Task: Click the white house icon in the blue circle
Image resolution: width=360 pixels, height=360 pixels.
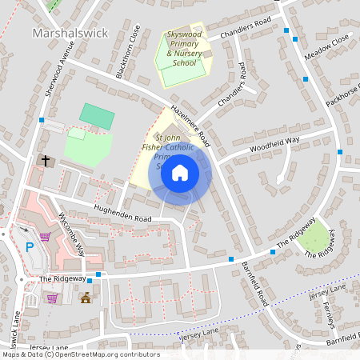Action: click(180, 172)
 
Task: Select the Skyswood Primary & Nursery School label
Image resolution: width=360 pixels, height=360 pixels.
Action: click(185, 49)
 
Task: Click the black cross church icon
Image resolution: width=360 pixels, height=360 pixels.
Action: click(46, 161)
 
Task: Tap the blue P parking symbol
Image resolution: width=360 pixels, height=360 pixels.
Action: click(30, 247)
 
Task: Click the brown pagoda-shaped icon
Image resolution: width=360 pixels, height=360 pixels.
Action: click(86, 298)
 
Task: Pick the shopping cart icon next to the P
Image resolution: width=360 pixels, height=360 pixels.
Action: click(46, 237)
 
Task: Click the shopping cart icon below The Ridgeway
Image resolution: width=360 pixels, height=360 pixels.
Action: click(52, 298)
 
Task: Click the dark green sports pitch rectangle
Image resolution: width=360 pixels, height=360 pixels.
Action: click(97, 116)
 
